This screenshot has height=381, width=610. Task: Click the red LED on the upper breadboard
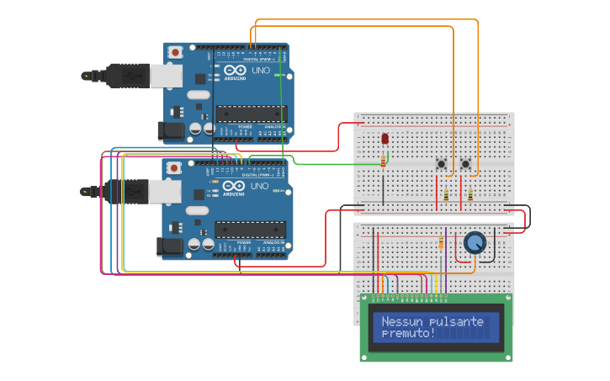pyautogui.click(x=385, y=138)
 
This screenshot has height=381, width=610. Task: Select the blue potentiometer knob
pyautogui.click(x=475, y=243)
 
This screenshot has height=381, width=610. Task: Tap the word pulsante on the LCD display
pyautogui.click(x=456, y=321)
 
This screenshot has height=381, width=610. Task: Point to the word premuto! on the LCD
pyautogui.click(x=408, y=334)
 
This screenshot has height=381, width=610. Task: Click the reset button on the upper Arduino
pyautogui.click(x=174, y=52)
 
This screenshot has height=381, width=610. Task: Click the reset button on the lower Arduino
pyautogui.click(x=174, y=167)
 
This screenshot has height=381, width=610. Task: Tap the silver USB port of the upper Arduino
pyautogui.click(x=166, y=76)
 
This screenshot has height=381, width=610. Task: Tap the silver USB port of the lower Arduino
pyautogui.click(x=166, y=191)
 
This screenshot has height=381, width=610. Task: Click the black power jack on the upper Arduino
pyautogui.click(x=171, y=130)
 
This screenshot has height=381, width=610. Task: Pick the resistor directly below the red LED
pyautogui.click(x=384, y=159)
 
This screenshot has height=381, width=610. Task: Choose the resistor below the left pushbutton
pyautogui.click(x=446, y=196)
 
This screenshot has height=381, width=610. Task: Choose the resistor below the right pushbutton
pyautogui.click(x=469, y=196)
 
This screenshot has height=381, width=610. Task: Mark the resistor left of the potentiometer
pyautogui.click(x=441, y=243)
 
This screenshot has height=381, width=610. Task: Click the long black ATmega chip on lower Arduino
pyautogui.click(x=250, y=229)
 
